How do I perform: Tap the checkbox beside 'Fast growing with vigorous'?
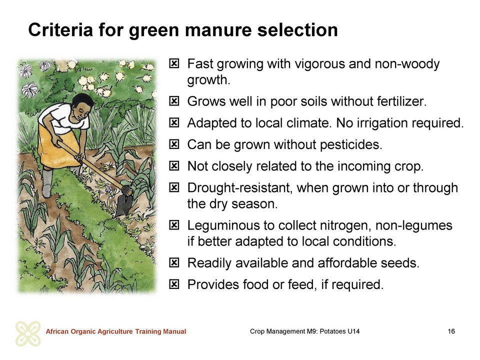pyautogui.click(x=174, y=63)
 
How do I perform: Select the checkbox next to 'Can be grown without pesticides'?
pyautogui.click(x=174, y=144)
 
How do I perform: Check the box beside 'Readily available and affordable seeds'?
pyautogui.click(x=174, y=262)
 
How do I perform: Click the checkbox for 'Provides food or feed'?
pyautogui.click(x=174, y=284)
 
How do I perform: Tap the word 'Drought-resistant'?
pyautogui.click(x=239, y=188)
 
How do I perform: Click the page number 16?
pyautogui.click(x=451, y=331)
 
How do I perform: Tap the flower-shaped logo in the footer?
pyautogui.click(x=28, y=333)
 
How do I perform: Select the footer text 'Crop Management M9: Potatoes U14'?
pyautogui.click(x=304, y=331)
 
